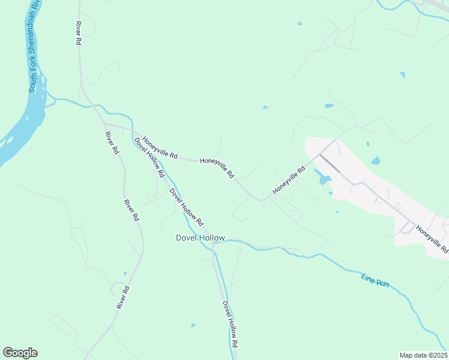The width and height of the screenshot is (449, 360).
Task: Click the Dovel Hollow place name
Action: point(200,238)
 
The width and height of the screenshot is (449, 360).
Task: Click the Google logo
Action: point(20,353)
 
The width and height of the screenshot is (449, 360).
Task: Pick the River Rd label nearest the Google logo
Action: point(124,298)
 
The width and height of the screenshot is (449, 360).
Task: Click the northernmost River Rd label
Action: point(78,34)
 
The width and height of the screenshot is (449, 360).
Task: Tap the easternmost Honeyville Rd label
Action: point(432,239)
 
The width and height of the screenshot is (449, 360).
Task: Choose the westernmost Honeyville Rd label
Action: point(160,147)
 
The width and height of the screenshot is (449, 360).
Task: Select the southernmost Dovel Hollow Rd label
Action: point(231,325)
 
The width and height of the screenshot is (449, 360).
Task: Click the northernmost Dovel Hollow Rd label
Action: point(149,157)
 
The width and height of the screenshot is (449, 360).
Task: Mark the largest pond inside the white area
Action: point(322,178)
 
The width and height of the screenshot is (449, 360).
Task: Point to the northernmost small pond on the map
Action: point(299,24)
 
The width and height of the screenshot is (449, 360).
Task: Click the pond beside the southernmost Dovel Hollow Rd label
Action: point(193,325)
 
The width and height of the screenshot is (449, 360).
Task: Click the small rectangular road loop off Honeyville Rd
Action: point(242,209)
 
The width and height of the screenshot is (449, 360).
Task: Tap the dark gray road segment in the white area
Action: point(330,164)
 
